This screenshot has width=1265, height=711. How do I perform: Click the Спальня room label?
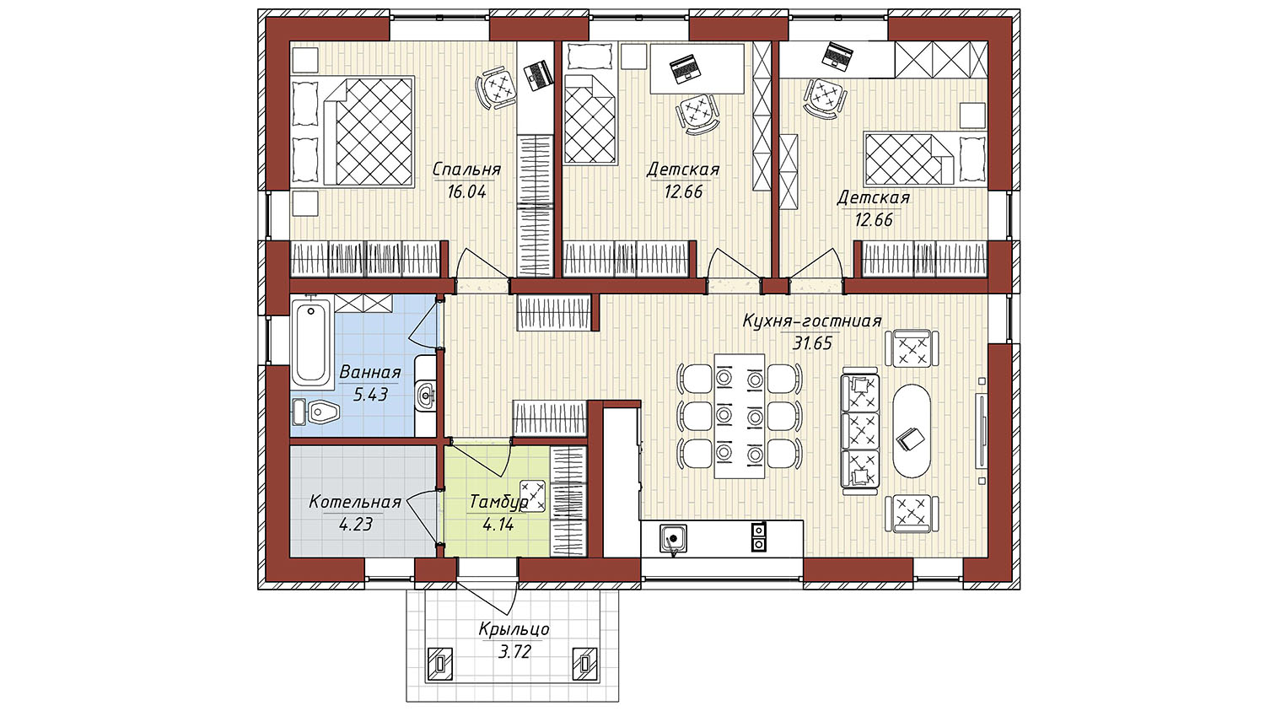466,170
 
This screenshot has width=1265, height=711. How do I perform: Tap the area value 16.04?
466,192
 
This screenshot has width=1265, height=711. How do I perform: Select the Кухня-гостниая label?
811,320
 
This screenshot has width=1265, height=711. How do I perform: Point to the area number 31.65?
812,343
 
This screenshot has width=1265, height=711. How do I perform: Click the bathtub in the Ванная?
310,343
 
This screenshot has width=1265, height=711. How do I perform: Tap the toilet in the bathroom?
316,412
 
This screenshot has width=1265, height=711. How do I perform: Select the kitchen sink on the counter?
673,538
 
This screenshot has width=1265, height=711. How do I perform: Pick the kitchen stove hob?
758,537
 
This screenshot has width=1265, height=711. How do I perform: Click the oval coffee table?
912,432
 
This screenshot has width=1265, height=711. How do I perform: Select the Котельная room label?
355,502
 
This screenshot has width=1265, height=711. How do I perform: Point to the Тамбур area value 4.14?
498,525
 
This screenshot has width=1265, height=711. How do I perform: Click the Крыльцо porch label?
514,629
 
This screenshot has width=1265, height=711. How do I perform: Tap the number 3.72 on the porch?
514,652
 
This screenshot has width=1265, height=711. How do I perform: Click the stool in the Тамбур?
533,495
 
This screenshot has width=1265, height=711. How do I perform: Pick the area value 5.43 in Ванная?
370,395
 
